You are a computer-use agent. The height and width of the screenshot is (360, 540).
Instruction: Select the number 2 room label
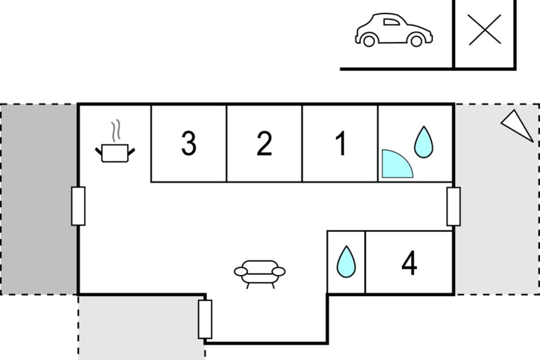point(265,143)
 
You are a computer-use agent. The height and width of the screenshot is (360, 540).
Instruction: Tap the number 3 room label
point(189,143)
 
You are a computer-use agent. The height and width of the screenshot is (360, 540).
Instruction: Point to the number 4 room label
point(409,263)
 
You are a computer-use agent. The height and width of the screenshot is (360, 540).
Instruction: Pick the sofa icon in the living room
point(260,274)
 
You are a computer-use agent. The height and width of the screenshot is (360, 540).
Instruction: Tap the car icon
point(394,30)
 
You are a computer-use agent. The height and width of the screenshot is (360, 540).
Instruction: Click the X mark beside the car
point(485,30)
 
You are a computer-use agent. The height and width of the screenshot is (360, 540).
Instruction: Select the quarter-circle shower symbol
point(397,164)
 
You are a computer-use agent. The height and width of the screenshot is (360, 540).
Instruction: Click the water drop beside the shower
point(423,142)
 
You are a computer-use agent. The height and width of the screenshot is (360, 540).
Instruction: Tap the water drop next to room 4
point(346,261)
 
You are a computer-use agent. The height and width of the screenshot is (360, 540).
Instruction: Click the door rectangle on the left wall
point(78,206)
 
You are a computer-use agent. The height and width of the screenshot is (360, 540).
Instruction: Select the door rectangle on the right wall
point(454,207)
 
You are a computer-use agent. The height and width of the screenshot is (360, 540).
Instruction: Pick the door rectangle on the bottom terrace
point(205,319)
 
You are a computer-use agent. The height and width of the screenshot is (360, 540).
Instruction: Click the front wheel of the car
point(416,41)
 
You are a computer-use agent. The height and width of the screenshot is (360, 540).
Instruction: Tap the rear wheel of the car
point(369,41)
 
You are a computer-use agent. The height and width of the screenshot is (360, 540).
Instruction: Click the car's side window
point(391,22)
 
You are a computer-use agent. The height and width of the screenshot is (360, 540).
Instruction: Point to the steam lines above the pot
point(116,130)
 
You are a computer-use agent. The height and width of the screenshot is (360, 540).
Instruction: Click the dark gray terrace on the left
point(39,199)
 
